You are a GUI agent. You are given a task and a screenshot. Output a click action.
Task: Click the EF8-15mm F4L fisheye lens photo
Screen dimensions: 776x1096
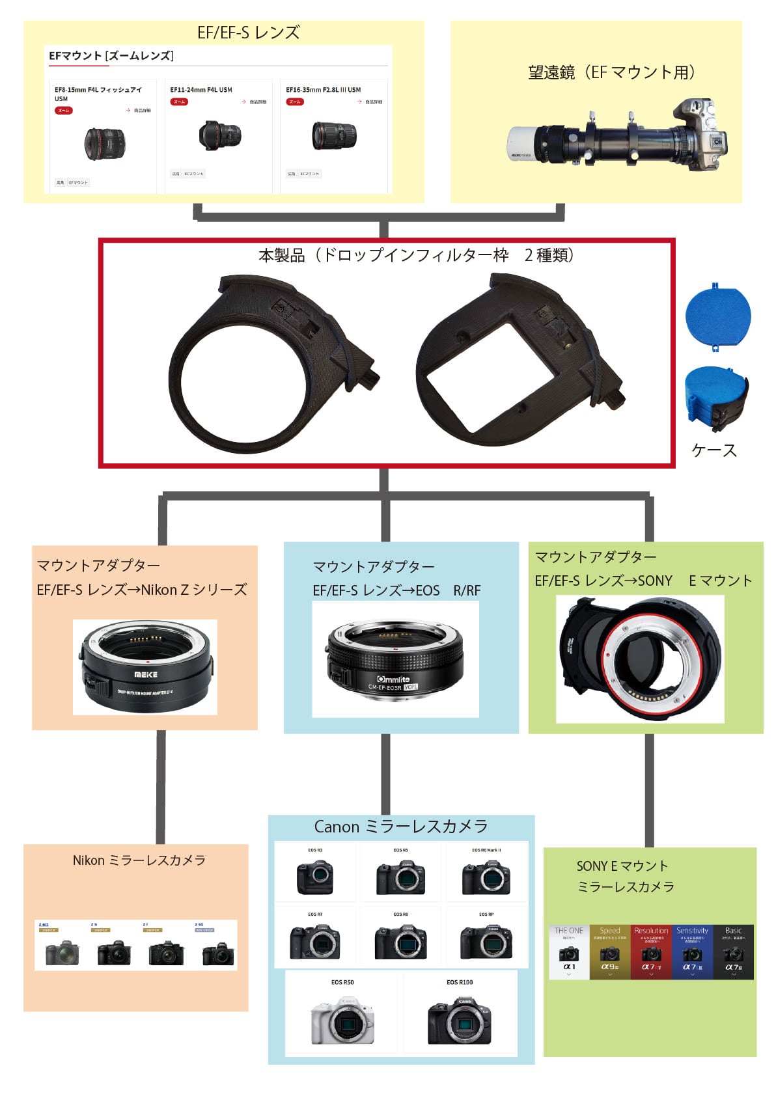click(104, 143)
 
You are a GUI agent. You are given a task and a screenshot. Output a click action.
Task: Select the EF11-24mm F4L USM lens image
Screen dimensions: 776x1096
click(221, 135)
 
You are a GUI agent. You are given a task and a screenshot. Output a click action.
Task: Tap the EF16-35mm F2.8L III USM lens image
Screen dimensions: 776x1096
click(335, 135)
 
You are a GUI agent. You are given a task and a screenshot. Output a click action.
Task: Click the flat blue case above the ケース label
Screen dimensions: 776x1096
click(718, 316)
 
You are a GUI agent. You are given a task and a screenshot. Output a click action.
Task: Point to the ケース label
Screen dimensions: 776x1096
click(714, 450)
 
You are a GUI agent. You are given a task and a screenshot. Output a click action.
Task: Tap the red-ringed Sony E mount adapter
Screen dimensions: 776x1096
click(640, 659)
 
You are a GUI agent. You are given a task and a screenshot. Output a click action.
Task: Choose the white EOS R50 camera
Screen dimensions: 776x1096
click(342, 1021)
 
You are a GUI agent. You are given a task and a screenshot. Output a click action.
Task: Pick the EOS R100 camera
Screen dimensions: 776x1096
click(460, 1020)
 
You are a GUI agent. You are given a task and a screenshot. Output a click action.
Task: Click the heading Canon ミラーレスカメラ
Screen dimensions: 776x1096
click(401, 827)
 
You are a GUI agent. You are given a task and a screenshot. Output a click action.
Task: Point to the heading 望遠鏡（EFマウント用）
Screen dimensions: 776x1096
click(611, 72)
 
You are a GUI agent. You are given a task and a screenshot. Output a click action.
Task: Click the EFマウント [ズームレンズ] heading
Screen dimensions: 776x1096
click(111, 56)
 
